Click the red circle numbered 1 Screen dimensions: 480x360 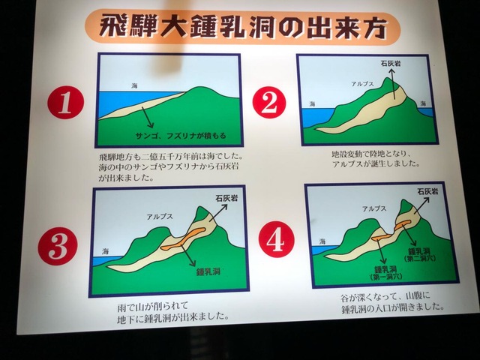coord(65,102)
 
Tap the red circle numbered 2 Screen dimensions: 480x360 coord(269,102)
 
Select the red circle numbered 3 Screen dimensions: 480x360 coord(58,245)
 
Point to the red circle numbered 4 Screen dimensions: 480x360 coord(276,239)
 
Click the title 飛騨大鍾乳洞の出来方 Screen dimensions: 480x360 coord(242,27)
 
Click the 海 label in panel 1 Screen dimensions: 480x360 coord(134,85)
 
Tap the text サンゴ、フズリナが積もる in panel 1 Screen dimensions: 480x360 coord(181,135)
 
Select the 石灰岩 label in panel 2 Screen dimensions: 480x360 coord(391,63)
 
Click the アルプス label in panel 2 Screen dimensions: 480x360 coord(362,83)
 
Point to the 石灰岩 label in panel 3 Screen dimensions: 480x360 coord(226,198)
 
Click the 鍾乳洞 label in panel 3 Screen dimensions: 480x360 coord(208,271)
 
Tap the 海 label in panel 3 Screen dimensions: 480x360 coord(105,252)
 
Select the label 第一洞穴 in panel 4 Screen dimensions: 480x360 coord(385,277)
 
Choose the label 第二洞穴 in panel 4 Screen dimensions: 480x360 coord(420,259)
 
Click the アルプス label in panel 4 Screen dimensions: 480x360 coord(374,208)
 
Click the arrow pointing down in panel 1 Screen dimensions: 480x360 coord(147,117)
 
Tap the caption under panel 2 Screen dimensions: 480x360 coord(376,159)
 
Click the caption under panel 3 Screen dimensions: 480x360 coord(173,311)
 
